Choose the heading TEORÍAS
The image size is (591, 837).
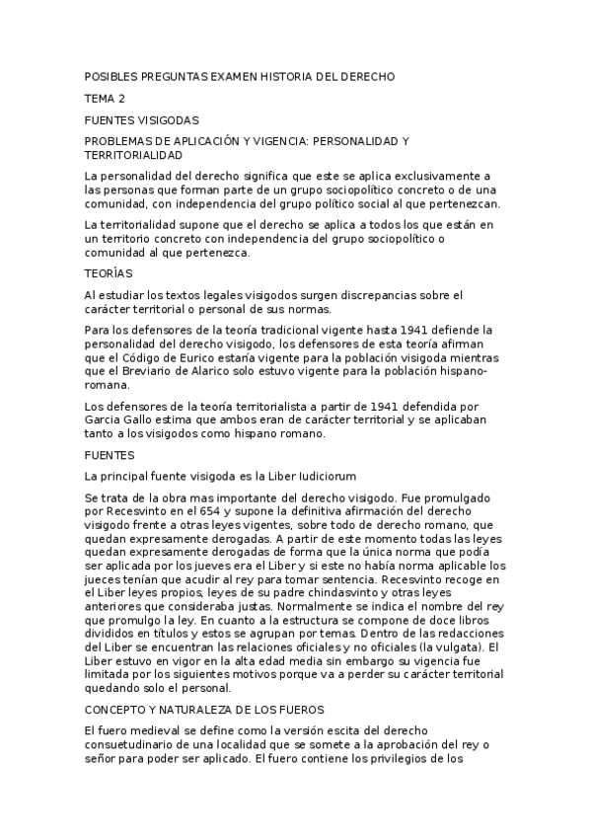click(x=109, y=272)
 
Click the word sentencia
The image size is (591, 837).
click(x=339, y=577)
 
